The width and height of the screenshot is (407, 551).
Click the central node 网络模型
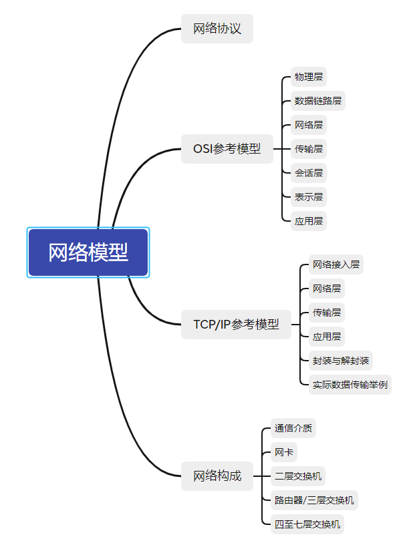coord(88,252)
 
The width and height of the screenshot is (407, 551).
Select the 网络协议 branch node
coord(217,29)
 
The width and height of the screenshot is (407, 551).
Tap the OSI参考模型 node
coord(227,149)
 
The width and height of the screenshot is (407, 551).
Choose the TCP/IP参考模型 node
coord(236,325)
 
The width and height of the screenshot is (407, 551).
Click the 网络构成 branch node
coord(217,476)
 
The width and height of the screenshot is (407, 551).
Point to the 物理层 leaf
coord(309,77)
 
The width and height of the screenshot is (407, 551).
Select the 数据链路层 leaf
coord(318,101)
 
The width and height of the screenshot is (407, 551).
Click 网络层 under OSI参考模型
coord(309,125)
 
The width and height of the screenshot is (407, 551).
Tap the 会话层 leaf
coord(309,173)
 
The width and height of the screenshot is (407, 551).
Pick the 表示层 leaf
coord(309,197)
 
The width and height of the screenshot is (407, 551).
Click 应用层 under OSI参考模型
coord(309,221)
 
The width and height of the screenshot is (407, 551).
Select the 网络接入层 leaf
coord(336,264)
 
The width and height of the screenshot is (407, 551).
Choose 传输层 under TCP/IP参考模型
coord(327,313)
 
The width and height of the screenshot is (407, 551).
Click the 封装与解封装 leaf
coord(341,361)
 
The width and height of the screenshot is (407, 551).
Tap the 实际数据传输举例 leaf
coord(350,385)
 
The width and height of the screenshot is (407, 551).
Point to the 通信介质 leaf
coord(293,428)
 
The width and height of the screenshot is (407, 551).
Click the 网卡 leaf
coord(283,452)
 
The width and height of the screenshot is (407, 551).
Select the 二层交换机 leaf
coord(297,476)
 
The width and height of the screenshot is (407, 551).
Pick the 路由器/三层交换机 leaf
coord(314,500)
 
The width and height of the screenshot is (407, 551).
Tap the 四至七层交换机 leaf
coord(307,524)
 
